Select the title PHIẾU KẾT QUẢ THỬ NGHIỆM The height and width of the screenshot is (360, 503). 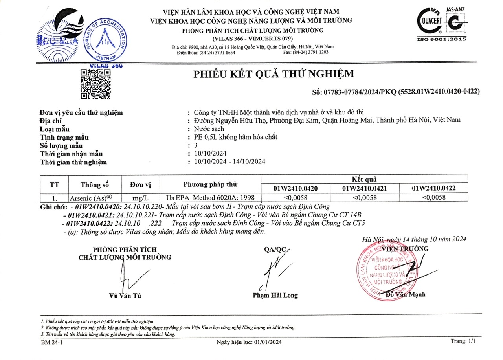pyautogui.click(x=274, y=74)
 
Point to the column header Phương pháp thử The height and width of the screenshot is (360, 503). pyautogui.click(x=210, y=184)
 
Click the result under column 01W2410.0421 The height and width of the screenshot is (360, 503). pyautogui.click(x=365, y=198)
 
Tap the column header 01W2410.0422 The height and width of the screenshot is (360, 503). pyautogui.click(x=433, y=188)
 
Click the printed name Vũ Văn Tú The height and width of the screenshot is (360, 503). pyautogui.click(x=125, y=296)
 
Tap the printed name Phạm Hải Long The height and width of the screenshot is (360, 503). pyautogui.click(x=275, y=295)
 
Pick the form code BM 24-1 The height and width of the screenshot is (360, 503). pyautogui.click(x=52, y=342)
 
